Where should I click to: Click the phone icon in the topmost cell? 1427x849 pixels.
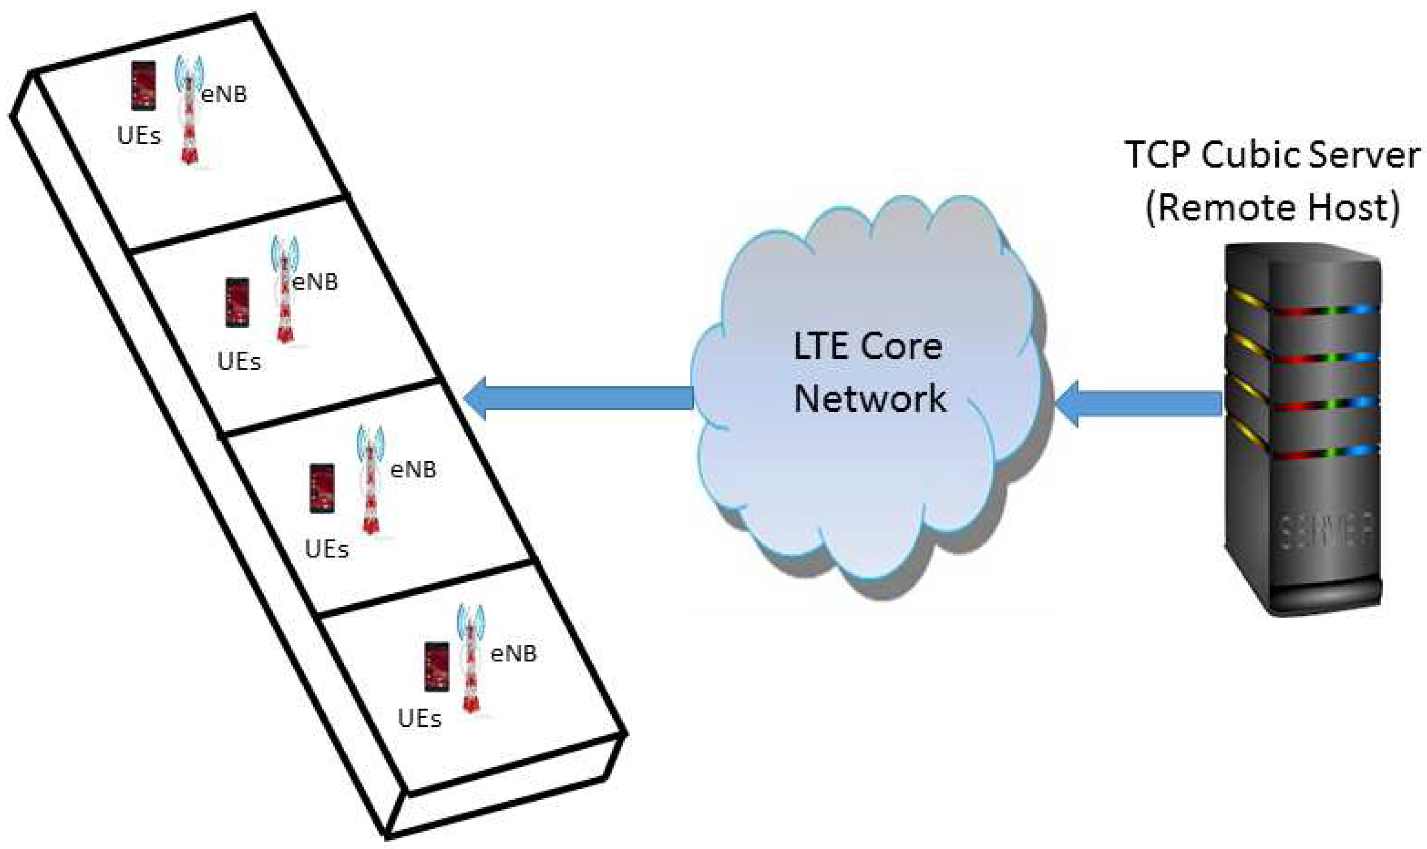(x=143, y=86)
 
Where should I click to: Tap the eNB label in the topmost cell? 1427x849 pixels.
(x=223, y=94)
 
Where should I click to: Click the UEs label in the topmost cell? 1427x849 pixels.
(x=139, y=136)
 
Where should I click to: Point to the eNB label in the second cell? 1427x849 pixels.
(x=315, y=282)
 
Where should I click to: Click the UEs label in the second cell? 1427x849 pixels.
(x=239, y=362)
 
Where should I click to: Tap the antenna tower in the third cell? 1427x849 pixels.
(x=371, y=480)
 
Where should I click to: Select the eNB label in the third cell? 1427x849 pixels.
(x=413, y=470)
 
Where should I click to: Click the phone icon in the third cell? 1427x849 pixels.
(x=322, y=488)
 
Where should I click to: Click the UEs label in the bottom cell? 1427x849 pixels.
(x=419, y=719)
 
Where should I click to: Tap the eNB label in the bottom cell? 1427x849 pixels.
(x=513, y=654)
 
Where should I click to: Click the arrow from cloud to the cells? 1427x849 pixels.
(x=578, y=398)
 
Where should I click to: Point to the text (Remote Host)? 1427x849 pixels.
(x=1273, y=208)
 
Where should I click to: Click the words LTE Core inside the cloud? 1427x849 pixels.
(x=868, y=347)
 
